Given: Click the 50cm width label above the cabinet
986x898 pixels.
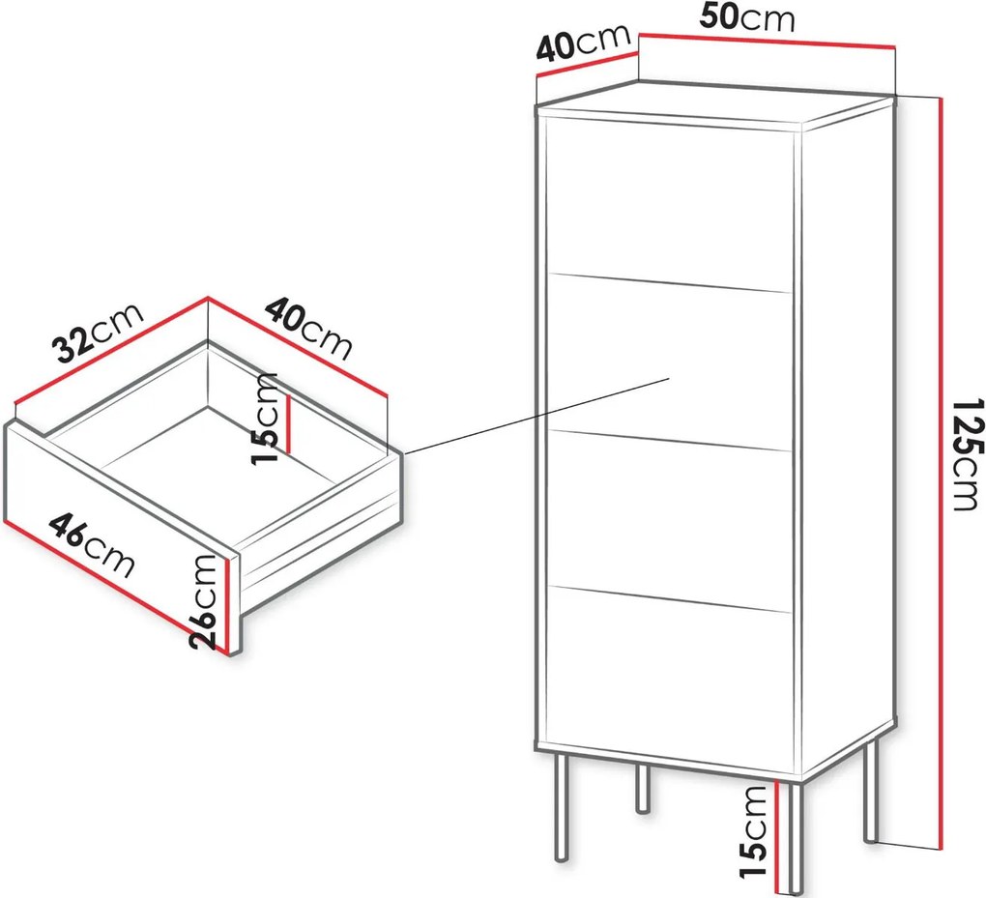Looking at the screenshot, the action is click(747, 17).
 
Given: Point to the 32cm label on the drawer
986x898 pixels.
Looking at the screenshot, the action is click(99, 333).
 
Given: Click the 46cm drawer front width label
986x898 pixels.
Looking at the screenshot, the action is click(92, 544).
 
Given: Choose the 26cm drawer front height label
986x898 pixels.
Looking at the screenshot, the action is click(205, 601).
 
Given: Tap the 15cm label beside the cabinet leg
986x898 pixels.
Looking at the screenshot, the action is click(754, 831).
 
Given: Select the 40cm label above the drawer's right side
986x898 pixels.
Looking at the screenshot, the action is click(307, 330).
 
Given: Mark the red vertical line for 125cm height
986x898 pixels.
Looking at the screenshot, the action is click(941, 473).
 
